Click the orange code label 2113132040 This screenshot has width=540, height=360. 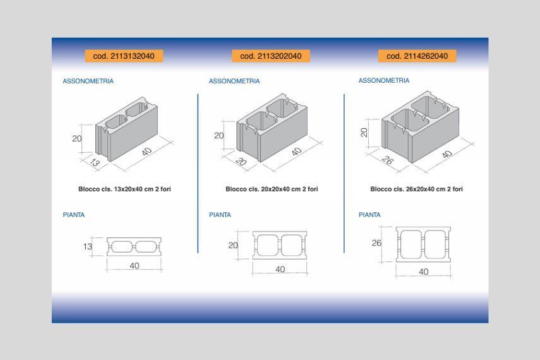(124, 56)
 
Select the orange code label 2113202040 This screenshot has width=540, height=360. (271, 56)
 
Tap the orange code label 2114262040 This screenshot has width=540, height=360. (417, 56)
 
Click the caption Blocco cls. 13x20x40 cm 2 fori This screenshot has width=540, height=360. (124, 189)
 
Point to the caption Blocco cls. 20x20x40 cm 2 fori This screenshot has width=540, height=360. (272, 189)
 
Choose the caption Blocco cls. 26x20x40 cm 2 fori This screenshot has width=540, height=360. (416, 189)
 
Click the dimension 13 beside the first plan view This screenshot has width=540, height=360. (88, 247)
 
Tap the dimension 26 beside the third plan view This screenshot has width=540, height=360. (376, 243)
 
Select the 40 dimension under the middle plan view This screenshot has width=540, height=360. (280, 270)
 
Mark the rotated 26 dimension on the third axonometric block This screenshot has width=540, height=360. (387, 160)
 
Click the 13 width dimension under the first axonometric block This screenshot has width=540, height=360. (94, 162)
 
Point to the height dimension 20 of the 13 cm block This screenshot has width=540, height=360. (77, 138)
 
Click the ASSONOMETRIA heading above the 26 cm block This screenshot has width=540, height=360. (383, 80)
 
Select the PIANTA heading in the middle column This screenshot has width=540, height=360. (220, 215)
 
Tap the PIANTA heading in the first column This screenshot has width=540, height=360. (74, 215)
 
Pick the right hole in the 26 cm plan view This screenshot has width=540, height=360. (435, 244)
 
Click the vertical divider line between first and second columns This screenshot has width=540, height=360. (198, 173)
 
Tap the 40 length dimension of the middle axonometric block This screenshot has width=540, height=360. (296, 151)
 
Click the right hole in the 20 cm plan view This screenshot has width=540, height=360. (292, 245)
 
